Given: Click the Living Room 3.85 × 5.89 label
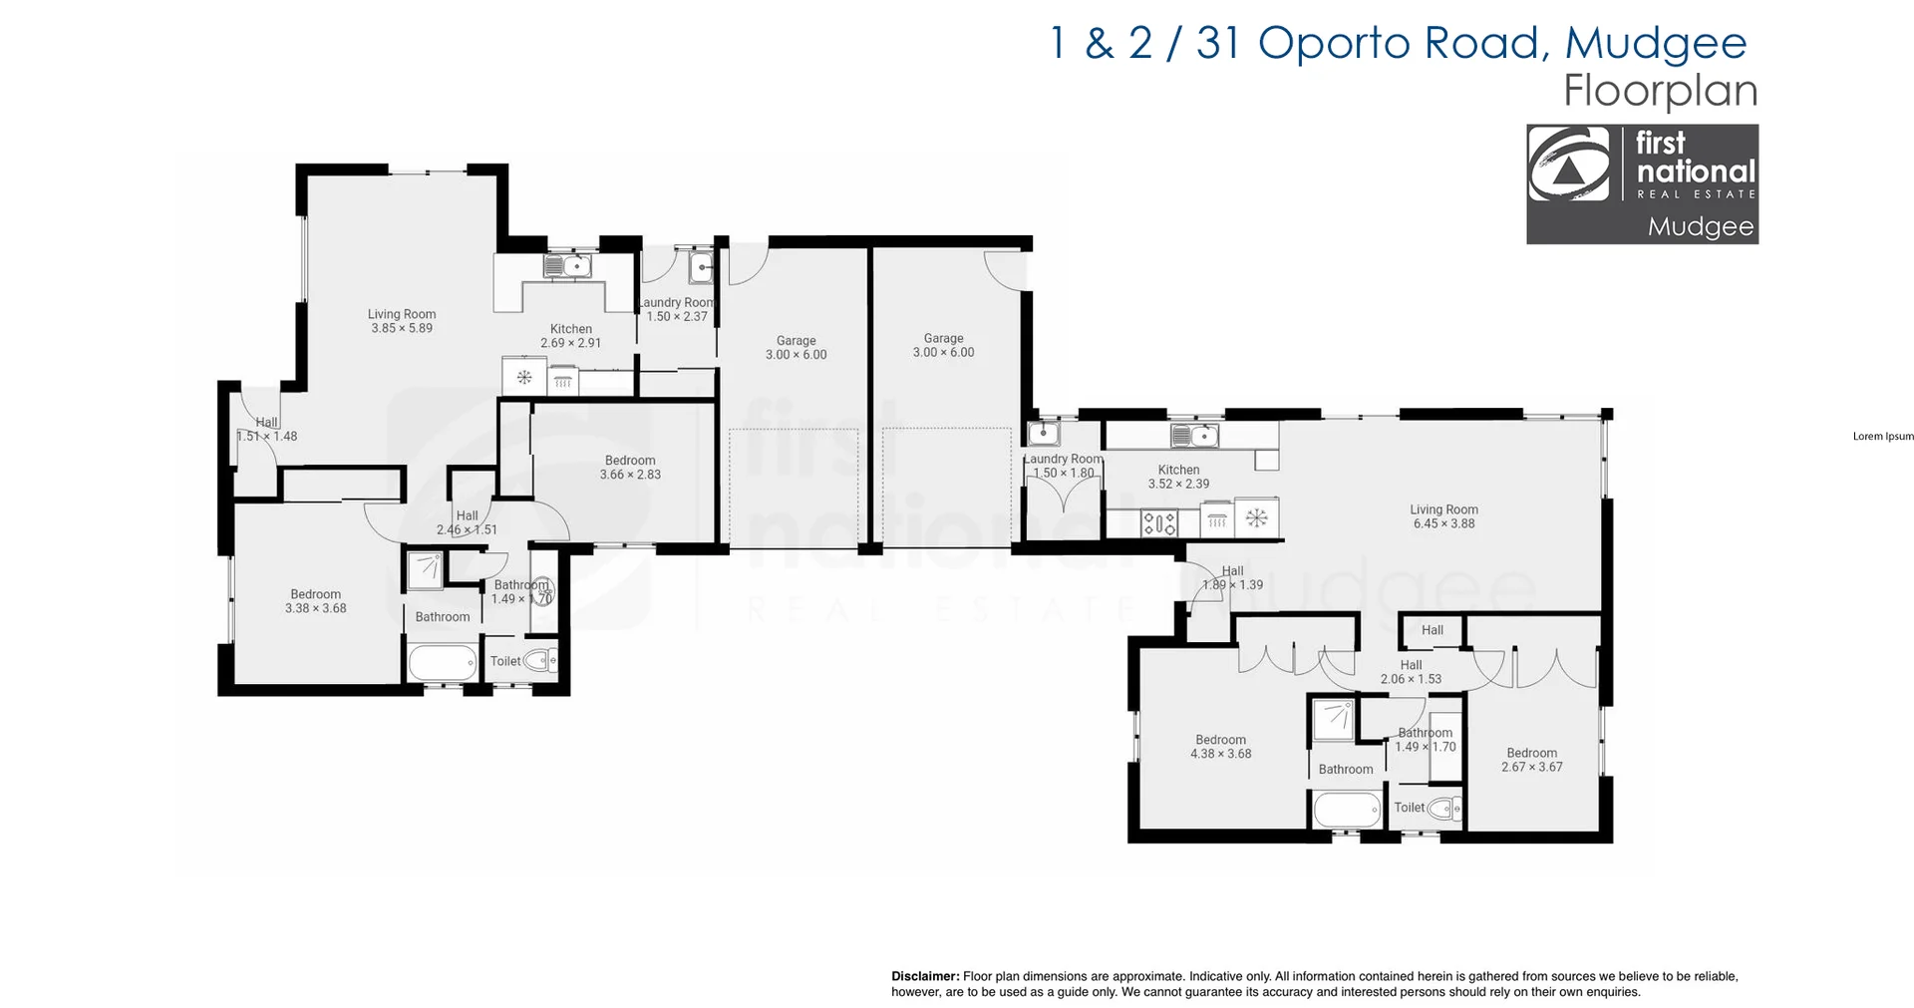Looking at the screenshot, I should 402,321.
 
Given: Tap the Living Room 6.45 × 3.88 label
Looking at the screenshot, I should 1443,516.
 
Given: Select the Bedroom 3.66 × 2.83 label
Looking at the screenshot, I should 630,468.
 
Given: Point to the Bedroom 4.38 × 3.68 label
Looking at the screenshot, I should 1220,747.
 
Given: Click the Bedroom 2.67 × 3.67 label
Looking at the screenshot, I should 1531,760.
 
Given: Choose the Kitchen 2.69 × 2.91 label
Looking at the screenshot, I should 571,336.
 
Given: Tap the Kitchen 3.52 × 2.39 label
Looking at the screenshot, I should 1178,477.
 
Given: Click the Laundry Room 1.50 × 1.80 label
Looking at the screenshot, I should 1063,466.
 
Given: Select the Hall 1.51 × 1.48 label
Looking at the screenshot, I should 266,429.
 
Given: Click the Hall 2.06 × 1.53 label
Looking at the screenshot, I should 1411,672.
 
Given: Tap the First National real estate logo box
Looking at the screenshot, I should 1642,183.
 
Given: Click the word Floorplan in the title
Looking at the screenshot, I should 1660,91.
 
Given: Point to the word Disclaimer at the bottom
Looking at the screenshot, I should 925,976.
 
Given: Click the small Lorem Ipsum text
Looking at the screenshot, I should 1883,436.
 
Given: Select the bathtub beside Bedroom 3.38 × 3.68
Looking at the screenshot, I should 442,662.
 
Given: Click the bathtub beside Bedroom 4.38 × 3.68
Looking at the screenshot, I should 1347,809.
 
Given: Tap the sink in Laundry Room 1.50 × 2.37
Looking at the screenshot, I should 701,267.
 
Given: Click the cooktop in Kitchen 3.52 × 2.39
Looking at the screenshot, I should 1159,521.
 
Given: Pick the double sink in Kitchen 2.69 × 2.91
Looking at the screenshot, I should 567,265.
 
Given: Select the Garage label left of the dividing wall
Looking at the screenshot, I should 796,347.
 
